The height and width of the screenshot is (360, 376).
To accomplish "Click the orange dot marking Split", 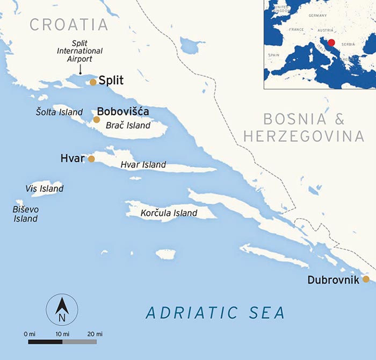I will [x=93, y=82].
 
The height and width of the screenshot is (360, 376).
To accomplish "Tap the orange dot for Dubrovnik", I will [x=366, y=279].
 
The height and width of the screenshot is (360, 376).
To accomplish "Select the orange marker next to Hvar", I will [x=91, y=159].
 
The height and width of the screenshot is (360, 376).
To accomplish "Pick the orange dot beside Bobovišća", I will [x=97, y=119].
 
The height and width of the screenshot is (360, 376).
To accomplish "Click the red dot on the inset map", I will [x=331, y=42].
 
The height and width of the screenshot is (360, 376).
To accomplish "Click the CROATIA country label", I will [x=69, y=24].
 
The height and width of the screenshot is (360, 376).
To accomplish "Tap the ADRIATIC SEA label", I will [x=215, y=312].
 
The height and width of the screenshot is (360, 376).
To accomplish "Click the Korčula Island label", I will [x=169, y=213].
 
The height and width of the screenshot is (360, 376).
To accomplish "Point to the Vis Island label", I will [x=45, y=189].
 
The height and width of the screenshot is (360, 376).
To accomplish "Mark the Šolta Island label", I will [x=59, y=112].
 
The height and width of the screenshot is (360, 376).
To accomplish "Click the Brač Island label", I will [x=127, y=126].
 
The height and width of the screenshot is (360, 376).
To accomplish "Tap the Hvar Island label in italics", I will [x=143, y=165].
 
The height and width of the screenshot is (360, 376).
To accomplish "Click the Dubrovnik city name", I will [x=332, y=279].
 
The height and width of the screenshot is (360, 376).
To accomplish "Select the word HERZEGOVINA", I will [x=304, y=136].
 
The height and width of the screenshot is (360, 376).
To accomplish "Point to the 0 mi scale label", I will [x=30, y=334].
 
